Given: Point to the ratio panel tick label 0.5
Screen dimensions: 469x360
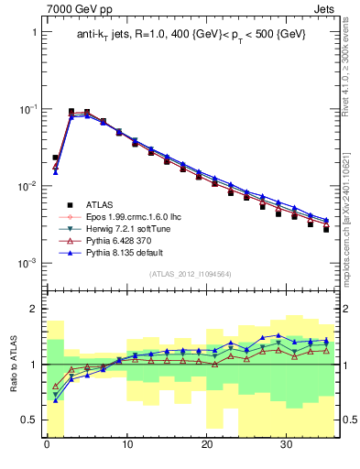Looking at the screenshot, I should pyautogui.click(x=29, y=420).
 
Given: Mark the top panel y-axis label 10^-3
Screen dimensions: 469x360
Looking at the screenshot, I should pyautogui.click(x=27, y=263).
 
